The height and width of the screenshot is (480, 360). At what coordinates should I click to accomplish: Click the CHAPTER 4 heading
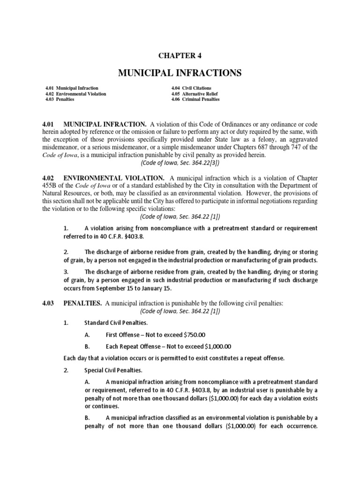pos(180,55)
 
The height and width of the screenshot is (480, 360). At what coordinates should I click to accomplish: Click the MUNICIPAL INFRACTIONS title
pos(180,73)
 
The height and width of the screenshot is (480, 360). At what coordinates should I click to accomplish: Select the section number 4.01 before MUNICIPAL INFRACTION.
pos(49,124)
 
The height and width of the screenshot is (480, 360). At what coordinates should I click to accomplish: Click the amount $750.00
pos(195,335)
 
